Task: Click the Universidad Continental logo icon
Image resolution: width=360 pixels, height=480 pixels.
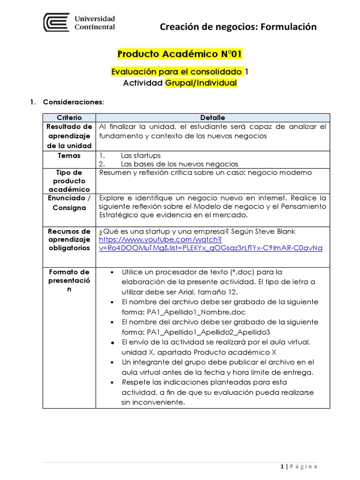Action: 57,22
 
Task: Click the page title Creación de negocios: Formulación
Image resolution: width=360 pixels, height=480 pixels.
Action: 238,27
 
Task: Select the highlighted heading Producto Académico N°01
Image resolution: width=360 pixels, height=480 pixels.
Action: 180,54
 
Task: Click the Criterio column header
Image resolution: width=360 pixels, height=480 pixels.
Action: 69,118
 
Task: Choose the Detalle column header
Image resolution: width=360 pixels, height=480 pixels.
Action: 212,118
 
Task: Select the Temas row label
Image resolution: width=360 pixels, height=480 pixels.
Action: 69,156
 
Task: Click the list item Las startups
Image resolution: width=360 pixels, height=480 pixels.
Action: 141,156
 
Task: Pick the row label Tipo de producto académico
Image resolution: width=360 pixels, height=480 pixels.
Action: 69,181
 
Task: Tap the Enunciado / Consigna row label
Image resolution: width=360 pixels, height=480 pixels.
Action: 69,203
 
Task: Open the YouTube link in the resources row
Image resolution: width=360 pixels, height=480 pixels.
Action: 210,244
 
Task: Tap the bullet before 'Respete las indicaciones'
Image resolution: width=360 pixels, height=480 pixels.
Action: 112,382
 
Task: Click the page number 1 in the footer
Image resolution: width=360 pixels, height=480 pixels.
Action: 282,466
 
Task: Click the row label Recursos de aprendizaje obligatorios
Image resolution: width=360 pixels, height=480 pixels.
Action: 69,240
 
